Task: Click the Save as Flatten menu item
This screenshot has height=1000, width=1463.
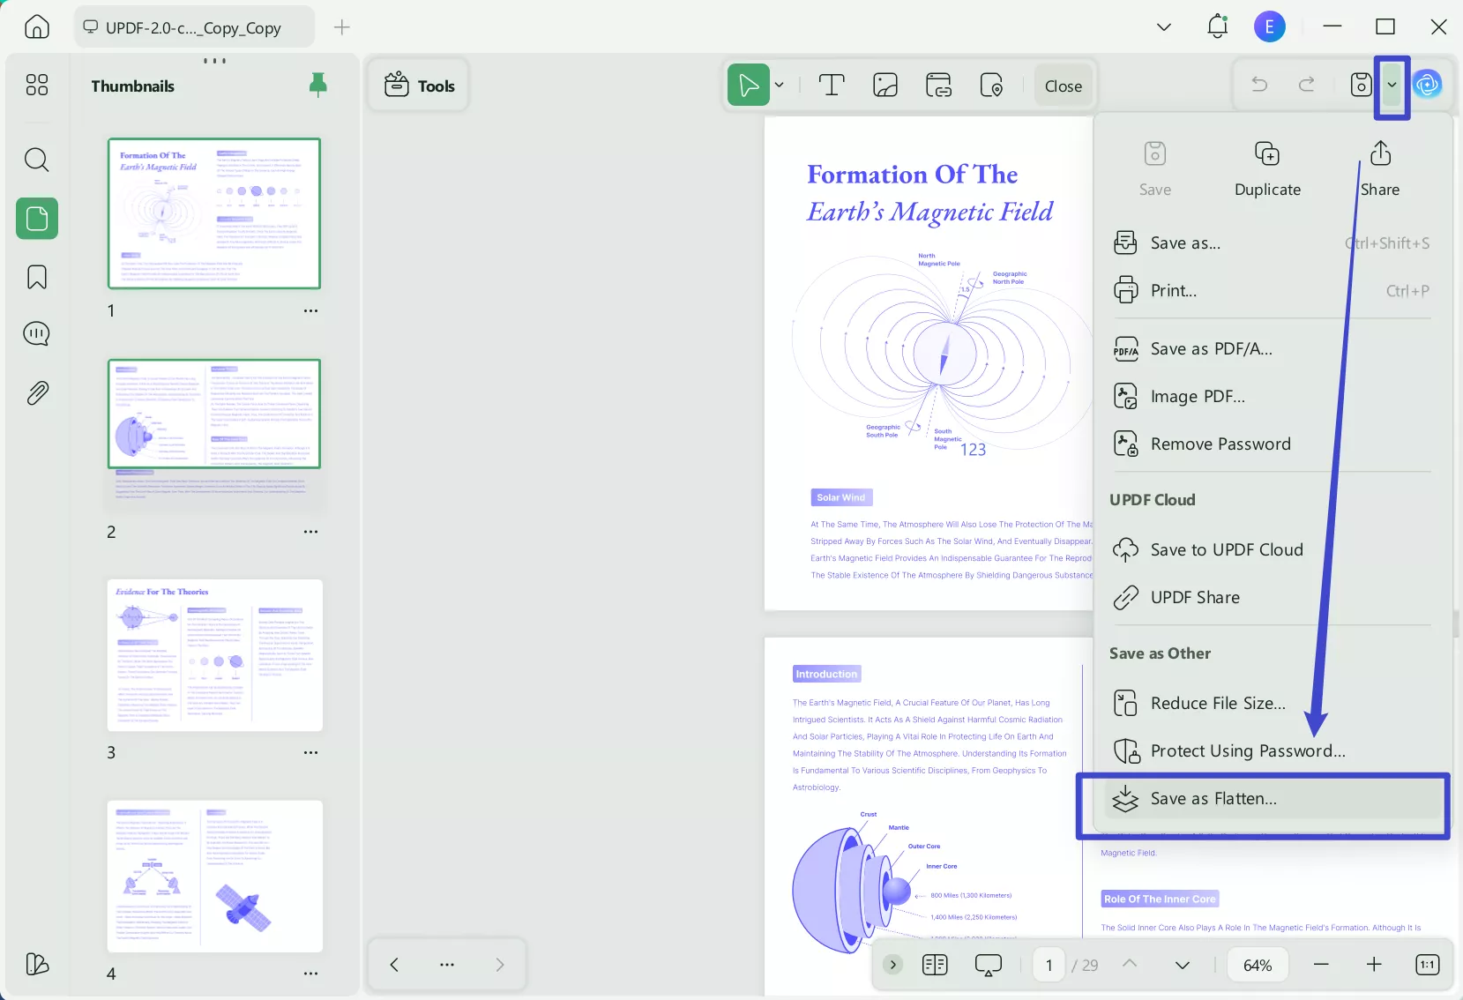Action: point(1213,799)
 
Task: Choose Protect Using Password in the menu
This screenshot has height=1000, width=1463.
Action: point(1247,751)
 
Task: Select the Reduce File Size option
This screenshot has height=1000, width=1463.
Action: point(1217,704)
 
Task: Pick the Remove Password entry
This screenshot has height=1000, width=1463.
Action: point(1220,444)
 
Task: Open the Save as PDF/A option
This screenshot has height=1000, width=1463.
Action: point(1210,349)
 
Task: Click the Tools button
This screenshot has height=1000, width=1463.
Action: point(420,86)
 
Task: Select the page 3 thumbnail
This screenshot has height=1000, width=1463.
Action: point(214,655)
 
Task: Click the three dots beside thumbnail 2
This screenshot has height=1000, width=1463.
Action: point(310,532)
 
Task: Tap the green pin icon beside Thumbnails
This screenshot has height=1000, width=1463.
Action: point(318,85)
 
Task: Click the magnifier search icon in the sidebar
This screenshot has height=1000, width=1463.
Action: point(37,160)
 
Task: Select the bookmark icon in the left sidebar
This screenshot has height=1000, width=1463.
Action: point(37,277)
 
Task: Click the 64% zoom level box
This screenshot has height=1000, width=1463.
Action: point(1257,965)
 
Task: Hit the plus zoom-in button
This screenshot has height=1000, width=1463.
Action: point(1374,965)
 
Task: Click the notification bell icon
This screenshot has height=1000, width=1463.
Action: point(1217,26)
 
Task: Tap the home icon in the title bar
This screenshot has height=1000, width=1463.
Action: point(37,26)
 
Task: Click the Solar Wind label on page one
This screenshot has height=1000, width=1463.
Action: point(840,497)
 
